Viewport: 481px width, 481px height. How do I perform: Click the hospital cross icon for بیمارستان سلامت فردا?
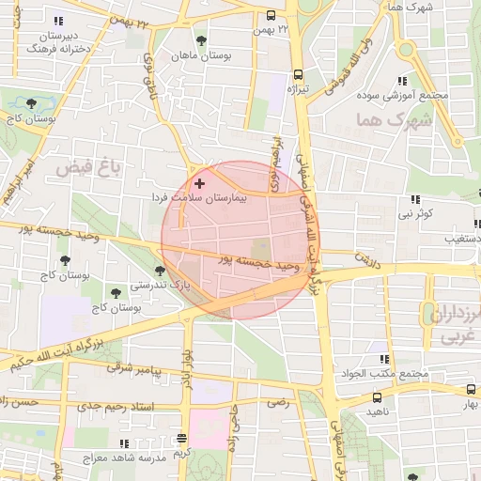tap(198, 181)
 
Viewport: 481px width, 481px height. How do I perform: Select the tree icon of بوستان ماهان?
tap(201, 39)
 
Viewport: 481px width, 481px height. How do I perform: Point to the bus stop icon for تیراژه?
tap(299, 75)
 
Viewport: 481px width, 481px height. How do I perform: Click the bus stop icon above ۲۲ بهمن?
tap(271, 15)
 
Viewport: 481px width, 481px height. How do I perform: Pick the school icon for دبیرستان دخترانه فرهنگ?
tap(60, 21)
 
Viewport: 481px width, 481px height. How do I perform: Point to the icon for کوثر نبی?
tap(415, 199)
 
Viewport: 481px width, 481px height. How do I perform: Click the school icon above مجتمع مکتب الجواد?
tap(383, 359)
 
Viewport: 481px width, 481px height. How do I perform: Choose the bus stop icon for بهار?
tap(471, 390)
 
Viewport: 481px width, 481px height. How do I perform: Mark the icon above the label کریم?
tap(181, 439)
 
